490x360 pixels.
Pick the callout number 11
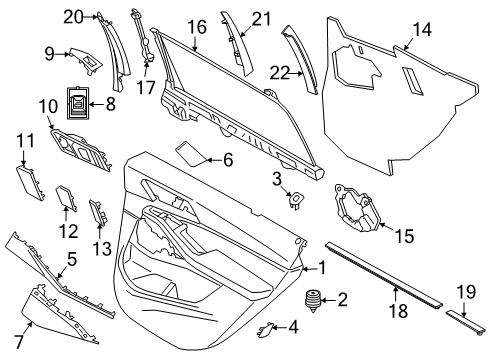[25, 155]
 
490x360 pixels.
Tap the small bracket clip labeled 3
[296, 199]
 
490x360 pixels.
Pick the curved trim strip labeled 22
[303, 58]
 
